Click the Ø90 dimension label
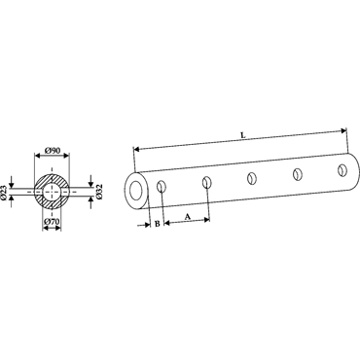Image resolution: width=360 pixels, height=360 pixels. click(53, 151)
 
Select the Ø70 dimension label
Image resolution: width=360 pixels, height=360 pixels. click(52, 222)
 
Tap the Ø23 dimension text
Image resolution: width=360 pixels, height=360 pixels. click(3, 192)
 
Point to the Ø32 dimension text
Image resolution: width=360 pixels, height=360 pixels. click(99, 192)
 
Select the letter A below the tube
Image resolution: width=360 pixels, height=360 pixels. click(188, 217)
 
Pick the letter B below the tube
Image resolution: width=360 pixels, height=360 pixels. click(157, 224)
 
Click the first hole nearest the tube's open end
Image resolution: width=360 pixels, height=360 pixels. click(162, 187)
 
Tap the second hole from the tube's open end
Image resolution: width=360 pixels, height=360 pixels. click(207, 183)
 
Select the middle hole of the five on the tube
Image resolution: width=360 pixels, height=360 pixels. click(251, 178)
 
